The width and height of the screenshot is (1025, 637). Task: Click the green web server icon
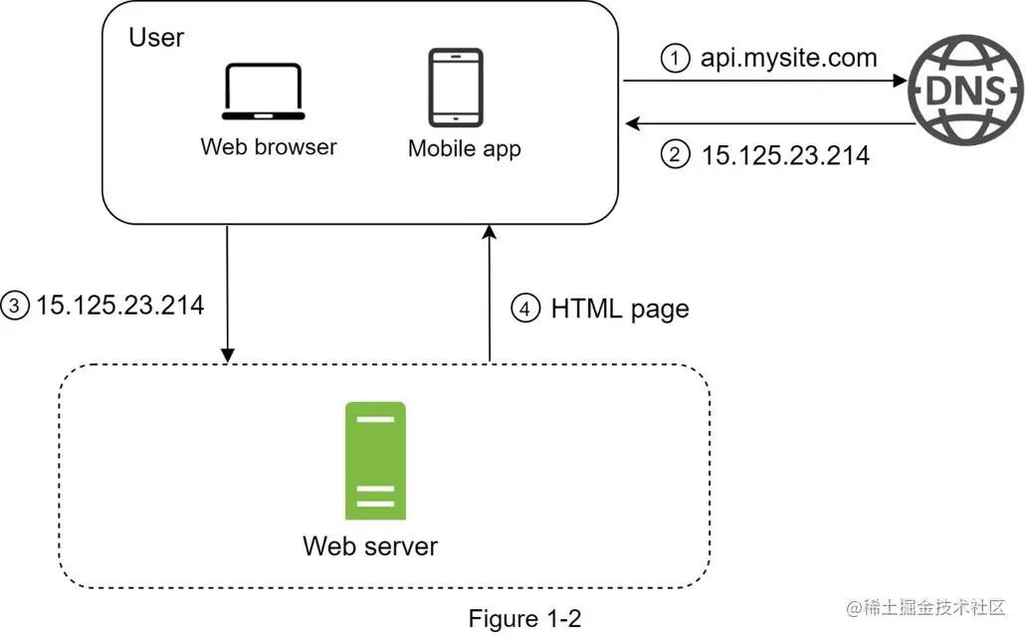[374, 461]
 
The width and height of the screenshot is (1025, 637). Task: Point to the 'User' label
[156, 38]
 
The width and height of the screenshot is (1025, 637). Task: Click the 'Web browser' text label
[269, 146]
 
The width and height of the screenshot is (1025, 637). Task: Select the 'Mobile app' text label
[465, 149]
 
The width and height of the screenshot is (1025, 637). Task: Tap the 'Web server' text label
[370, 545]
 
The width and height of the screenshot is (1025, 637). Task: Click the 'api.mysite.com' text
[789, 58]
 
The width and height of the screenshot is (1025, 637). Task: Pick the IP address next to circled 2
[786, 154]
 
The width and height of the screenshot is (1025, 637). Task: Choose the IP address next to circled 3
[120, 305]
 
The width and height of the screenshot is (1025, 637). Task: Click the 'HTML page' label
[620, 309]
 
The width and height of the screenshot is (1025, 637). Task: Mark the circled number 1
[675, 59]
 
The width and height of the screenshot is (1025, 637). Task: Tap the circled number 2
[676, 154]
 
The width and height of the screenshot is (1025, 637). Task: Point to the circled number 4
[525, 309]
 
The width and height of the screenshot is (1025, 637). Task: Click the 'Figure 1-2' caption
[524, 618]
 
